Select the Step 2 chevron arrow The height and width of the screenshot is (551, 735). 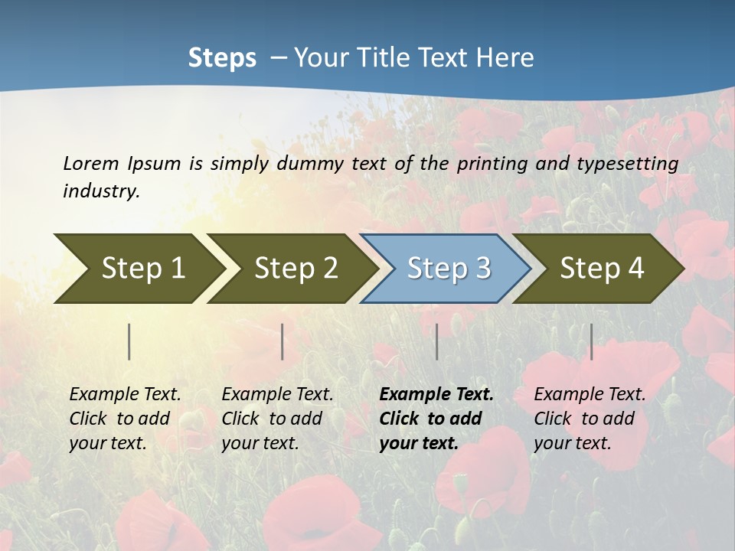click(x=295, y=269)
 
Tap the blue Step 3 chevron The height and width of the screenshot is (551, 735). click(x=447, y=269)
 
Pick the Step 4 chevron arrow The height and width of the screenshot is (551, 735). click(x=600, y=269)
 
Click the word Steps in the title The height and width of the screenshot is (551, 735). click(x=222, y=58)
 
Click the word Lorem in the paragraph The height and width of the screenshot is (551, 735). click(x=90, y=163)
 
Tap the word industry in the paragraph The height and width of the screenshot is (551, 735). click(x=101, y=191)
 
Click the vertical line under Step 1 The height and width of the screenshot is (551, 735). click(x=129, y=341)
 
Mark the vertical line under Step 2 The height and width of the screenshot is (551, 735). click(x=283, y=341)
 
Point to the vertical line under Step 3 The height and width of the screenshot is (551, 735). click(x=437, y=341)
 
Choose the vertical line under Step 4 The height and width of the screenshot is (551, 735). click(x=591, y=341)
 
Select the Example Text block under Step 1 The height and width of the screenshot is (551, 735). click(x=125, y=419)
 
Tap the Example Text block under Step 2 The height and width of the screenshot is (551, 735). click(x=277, y=419)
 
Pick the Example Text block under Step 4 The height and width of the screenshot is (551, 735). click(x=589, y=419)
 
